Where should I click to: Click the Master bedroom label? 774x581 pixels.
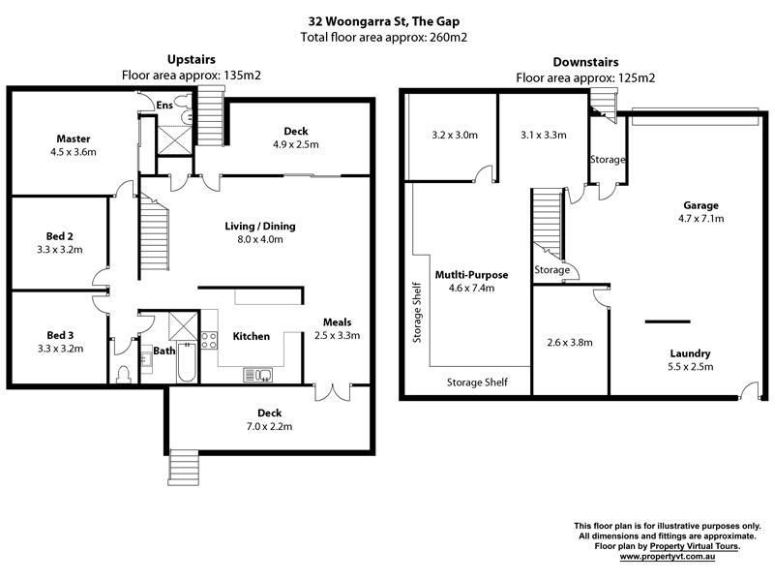pos(74,138)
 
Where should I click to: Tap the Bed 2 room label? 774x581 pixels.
pos(59,236)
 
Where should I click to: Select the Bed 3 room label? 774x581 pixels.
pos(60,335)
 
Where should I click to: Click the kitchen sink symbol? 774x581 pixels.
pos(257,375)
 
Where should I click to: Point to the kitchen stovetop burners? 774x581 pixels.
pos(209,341)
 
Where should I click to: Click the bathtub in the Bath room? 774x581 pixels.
pos(187,362)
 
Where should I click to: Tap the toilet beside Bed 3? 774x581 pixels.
pos(124,374)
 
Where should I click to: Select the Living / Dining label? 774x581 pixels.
pos(260,227)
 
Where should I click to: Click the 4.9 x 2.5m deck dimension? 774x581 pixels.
pos(296,144)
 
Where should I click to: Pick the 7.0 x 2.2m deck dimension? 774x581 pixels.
pos(269,426)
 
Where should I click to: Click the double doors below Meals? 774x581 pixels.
pos(333,392)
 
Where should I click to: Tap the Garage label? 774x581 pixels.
pos(700,205)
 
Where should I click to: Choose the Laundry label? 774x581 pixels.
pos(690,353)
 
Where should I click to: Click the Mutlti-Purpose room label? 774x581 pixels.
pos(471,275)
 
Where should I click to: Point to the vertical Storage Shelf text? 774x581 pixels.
pos(417,312)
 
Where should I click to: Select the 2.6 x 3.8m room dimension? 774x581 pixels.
pos(570,343)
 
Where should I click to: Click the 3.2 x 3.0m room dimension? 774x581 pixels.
pos(455,135)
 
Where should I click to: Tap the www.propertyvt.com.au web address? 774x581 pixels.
pos(668,556)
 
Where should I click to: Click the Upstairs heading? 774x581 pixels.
pos(192,60)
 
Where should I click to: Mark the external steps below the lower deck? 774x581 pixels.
pos(184,468)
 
